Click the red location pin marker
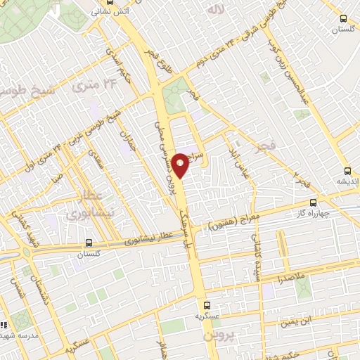(181, 163)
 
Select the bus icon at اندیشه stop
(347, 170)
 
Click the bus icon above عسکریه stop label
(207, 305)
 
